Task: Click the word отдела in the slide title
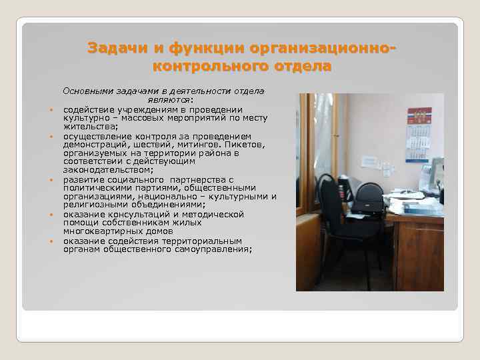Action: [300, 67]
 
